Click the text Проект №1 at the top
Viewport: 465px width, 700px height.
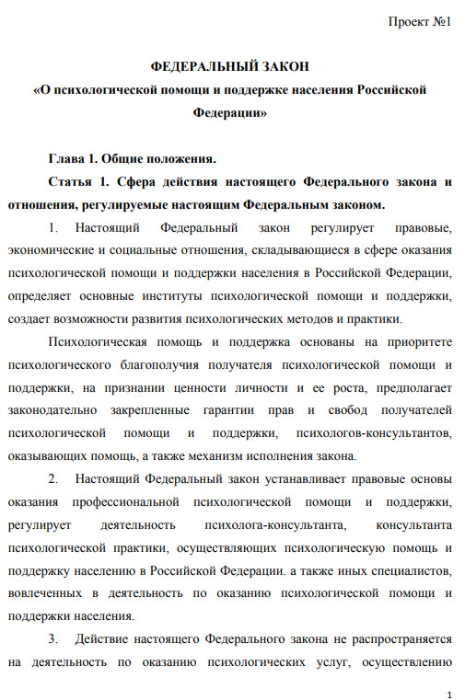(420, 21)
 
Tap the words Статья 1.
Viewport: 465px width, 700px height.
(80, 181)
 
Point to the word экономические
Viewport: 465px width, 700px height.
(52, 249)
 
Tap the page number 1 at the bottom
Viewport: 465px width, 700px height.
(448, 691)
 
